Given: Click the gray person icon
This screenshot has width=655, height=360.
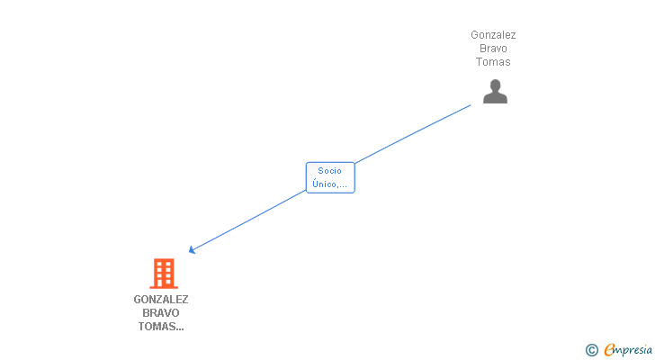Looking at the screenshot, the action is click(495, 91).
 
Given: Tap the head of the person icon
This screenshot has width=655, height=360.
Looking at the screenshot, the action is click(496, 85).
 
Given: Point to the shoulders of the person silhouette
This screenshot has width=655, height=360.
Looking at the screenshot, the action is click(495, 98).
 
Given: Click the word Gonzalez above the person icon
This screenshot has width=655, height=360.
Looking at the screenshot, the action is click(493, 35).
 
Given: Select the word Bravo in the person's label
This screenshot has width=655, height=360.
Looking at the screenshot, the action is click(493, 49).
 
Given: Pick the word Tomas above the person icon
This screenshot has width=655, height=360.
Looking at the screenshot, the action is click(493, 62).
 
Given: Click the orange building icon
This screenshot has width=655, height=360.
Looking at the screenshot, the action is click(164, 274).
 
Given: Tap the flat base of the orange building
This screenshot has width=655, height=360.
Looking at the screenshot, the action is click(164, 287).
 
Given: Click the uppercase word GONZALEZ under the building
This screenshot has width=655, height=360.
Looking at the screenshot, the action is click(161, 300).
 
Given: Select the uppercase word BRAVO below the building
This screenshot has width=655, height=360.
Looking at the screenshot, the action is click(161, 313).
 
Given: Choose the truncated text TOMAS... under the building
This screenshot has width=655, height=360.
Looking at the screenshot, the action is click(161, 326).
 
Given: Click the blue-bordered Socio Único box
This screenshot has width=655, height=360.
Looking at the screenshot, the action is click(330, 177).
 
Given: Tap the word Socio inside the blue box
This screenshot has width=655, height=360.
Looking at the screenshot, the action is click(329, 171).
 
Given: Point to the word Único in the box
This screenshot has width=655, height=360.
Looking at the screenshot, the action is click(324, 184).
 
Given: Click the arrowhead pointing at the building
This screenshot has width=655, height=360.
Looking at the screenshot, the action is click(193, 249).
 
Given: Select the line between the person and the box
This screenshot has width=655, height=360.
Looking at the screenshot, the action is click(413, 134).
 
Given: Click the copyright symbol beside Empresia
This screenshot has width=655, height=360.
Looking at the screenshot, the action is click(591, 350).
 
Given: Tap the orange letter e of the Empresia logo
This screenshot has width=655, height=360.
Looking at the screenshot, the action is click(609, 349).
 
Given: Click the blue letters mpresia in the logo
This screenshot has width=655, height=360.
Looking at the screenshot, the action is click(633, 350).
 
